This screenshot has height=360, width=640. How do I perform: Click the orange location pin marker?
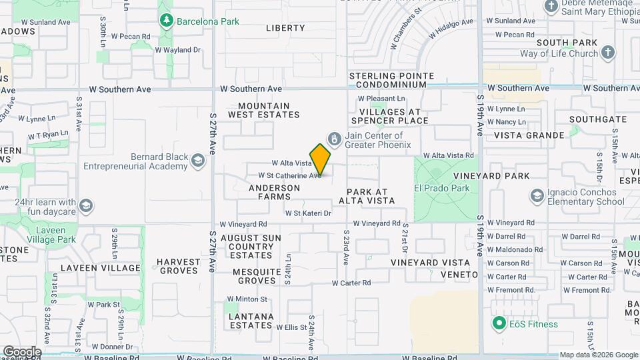click(320, 159)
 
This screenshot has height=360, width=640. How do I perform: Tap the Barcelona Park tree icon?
click(166, 21)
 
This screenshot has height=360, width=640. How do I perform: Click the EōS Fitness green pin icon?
click(497, 324)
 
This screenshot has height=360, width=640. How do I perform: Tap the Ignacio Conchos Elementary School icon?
click(537, 195)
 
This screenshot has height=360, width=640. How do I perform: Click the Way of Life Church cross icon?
click(607, 53)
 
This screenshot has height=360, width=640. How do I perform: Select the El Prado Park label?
click(442, 188)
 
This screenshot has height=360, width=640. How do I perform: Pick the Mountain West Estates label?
click(263, 110)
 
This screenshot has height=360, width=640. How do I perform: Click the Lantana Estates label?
click(251, 321)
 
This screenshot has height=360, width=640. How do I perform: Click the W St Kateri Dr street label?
click(308, 213)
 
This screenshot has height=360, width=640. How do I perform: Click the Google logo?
click(21, 351)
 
